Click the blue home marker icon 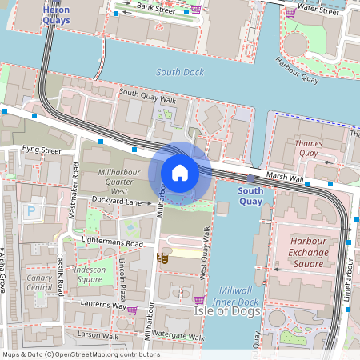(179, 172)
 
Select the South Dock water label (179, 72)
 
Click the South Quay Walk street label (147, 95)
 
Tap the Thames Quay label (308, 149)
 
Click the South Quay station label (250, 196)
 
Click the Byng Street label (42, 150)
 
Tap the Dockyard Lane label (116, 202)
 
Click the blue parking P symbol (32, 211)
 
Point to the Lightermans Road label (112, 242)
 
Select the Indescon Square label (90, 274)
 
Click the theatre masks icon (162, 258)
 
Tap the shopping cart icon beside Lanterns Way (132, 310)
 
